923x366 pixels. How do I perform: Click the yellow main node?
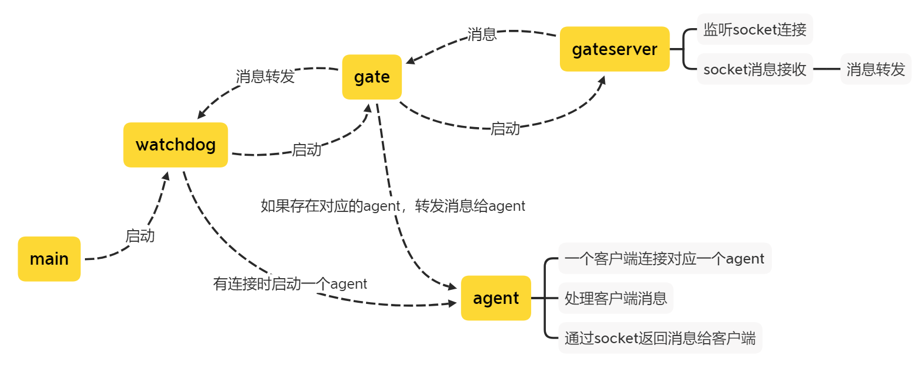click(x=49, y=259)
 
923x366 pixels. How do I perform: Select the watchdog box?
click(x=175, y=145)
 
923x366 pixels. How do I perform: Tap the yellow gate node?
click(x=372, y=77)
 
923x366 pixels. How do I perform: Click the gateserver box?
click(x=614, y=49)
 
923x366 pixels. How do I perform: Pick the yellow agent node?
click(x=495, y=298)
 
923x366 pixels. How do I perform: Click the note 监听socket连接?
click(x=754, y=29)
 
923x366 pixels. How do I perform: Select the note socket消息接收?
click(x=754, y=69)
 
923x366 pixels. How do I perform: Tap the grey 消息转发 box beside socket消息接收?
click(x=876, y=69)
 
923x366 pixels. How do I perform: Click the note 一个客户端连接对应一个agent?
click(x=664, y=258)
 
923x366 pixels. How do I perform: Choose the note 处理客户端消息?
click(x=616, y=298)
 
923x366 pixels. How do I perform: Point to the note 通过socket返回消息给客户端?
click(x=659, y=338)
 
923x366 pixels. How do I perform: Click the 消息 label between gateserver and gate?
click(x=482, y=34)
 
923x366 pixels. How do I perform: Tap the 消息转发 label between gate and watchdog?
click(x=265, y=76)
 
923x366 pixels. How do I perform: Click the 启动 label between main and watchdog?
click(x=140, y=235)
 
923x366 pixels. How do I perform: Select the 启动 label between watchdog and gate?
click(x=307, y=149)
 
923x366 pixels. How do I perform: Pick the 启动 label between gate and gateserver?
click(x=505, y=128)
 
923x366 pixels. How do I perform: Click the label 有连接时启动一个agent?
click(x=290, y=283)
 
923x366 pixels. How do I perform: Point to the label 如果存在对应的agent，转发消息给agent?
click(x=392, y=206)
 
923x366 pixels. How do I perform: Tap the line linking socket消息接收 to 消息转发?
click(x=826, y=69)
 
